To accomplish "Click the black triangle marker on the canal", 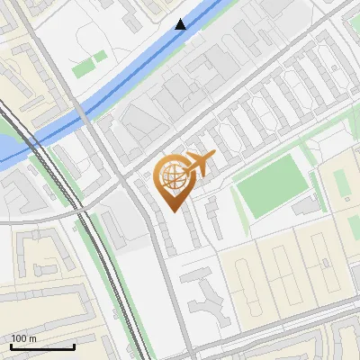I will pyautogui.click(x=181, y=24).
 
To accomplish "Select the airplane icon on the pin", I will pyautogui.click(x=199, y=165).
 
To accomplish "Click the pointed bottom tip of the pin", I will pyautogui.click(x=174, y=210).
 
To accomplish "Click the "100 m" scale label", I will pyautogui.click(x=23, y=338).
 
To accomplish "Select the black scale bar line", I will pyautogui.click(x=42, y=346).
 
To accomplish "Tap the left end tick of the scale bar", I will pyautogui.click(x=11, y=345).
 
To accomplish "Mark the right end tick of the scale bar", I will pyautogui.click(x=74, y=345).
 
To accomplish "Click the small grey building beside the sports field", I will pyautogui.click(x=307, y=206).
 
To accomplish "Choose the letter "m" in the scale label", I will pyautogui.click(x=32, y=338).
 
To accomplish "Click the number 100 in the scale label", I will pyautogui.click(x=19, y=338).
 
